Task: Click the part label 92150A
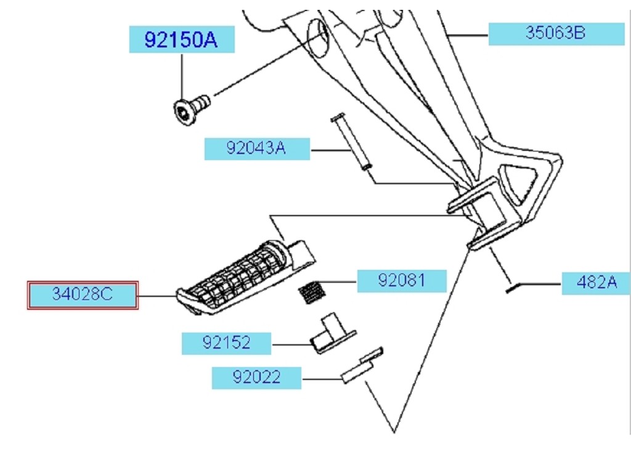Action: point(182,39)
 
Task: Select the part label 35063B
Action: point(556,33)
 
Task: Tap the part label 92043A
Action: point(257,148)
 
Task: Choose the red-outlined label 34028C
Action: point(83,295)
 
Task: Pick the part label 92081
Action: point(402,280)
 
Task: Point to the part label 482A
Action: point(596,283)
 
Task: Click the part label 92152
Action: point(226,343)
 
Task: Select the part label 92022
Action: point(256,378)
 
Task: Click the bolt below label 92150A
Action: point(191,109)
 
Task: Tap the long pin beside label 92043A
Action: point(351,142)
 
